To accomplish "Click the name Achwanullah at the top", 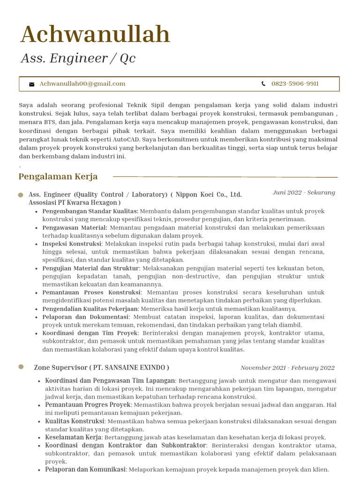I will pyautogui.click(x=95, y=35).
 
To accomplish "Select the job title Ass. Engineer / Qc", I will pyautogui.click(x=78, y=58).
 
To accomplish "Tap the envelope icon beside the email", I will pyautogui.click(x=32, y=84).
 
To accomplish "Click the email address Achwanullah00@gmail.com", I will pyautogui.click(x=82, y=84).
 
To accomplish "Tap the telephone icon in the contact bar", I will pyautogui.click(x=263, y=84).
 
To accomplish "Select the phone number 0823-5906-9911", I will pyautogui.click(x=295, y=84).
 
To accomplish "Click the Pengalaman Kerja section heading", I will pyautogui.click(x=58, y=177).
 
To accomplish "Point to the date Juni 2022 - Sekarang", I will pyautogui.click(x=304, y=193).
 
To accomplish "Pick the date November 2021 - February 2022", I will pyautogui.click(x=287, y=368).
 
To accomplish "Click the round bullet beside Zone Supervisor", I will pyautogui.click(x=21, y=367).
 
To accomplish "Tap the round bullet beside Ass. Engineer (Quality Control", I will pyautogui.click(x=21, y=195).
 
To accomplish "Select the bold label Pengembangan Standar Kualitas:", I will pyautogui.click(x=90, y=211).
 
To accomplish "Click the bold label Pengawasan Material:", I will pyautogui.click(x=75, y=228).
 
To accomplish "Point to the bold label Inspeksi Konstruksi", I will pyautogui.click(x=72, y=244).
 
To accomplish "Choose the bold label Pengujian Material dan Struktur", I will pyautogui.click(x=90, y=268).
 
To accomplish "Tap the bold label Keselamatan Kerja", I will pyautogui.click(x=73, y=437).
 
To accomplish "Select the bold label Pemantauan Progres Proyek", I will pyautogui.click(x=88, y=405).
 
